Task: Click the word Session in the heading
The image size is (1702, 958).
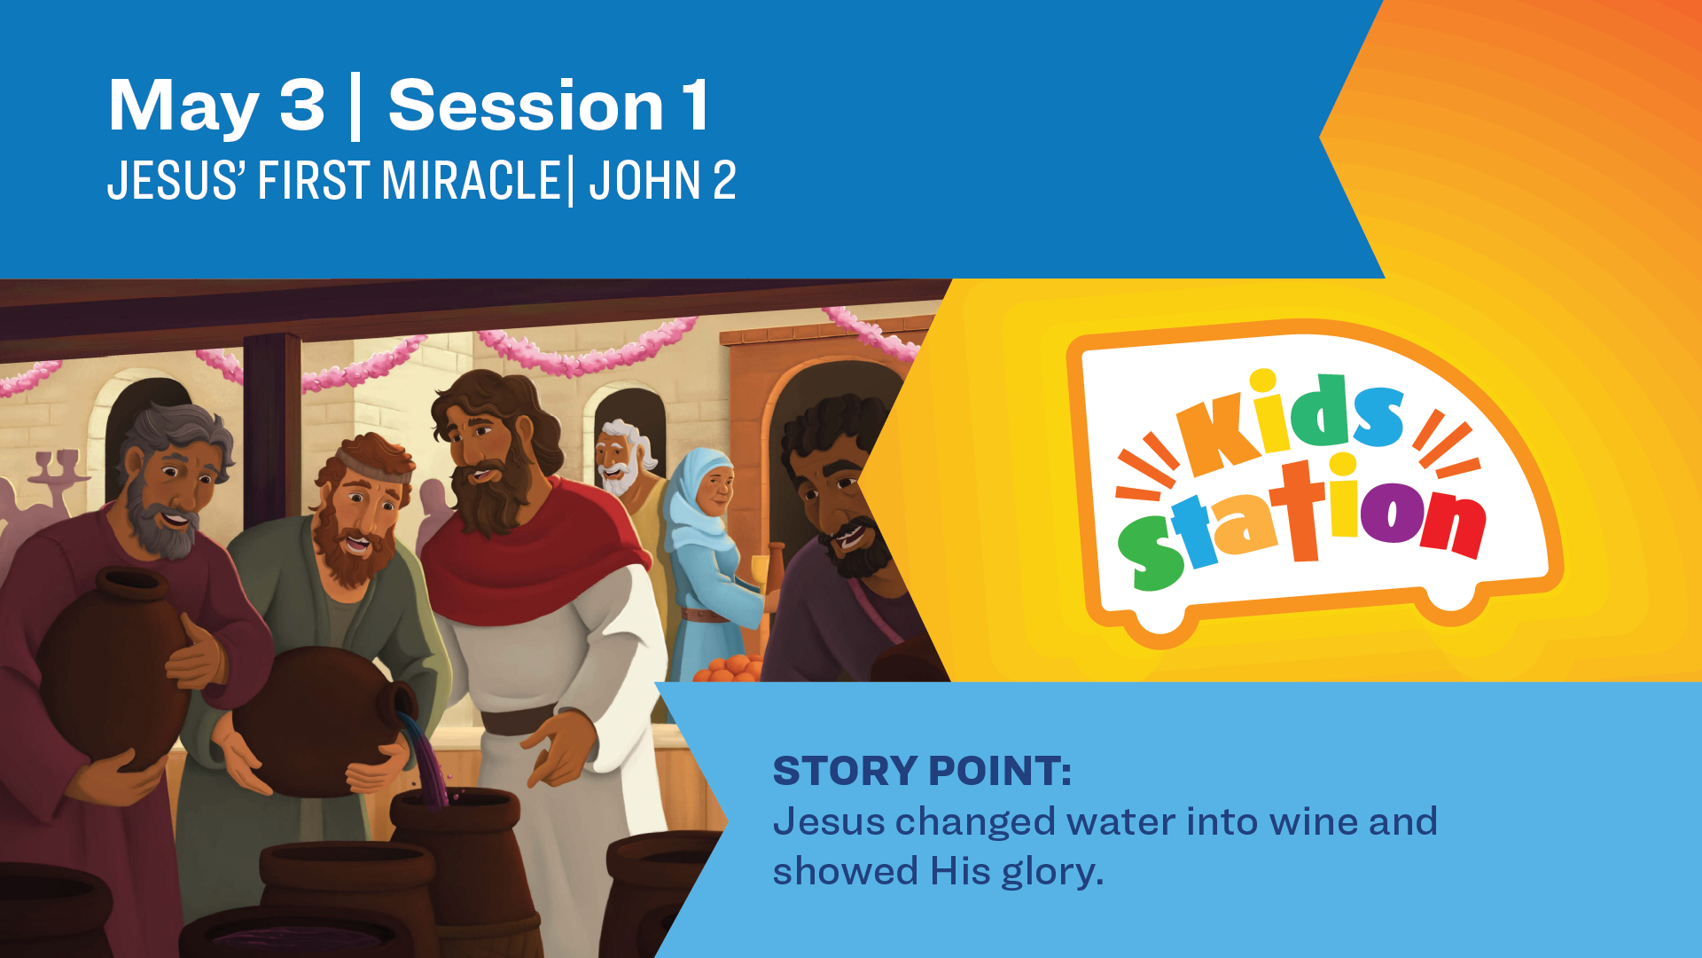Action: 526,106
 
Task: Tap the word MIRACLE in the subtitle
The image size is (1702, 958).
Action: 471,181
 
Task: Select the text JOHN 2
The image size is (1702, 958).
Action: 662,181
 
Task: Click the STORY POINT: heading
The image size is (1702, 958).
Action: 922,770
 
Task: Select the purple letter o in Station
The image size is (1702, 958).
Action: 1390,512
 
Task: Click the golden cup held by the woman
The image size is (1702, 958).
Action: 760,572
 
